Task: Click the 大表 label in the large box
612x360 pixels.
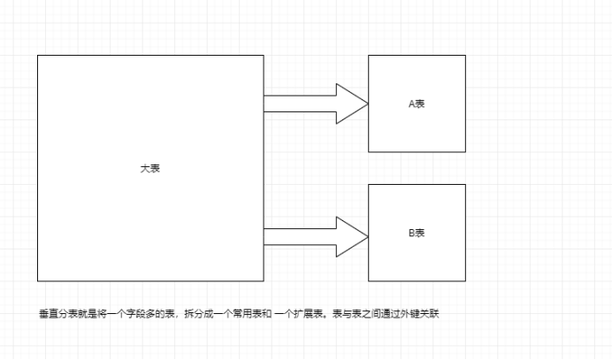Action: click(x=150, y=168)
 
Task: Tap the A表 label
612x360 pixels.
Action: click(x=417, y=103)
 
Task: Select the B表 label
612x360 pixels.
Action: click(x=417, y=233)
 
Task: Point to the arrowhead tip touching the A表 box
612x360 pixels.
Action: click(x=367, y=104)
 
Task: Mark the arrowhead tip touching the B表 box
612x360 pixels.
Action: click(x=367, y=236)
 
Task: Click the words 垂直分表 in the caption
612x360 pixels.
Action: click(x=56, y=313)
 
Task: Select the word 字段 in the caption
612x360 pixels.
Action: click(x=129, y=313)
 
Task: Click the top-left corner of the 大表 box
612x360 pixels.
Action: click(x=37, y=55)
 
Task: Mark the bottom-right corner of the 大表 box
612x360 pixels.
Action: click(x=264, y=281)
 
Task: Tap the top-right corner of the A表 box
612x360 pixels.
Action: click(x=465, y=55)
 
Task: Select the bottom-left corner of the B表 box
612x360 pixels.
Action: click(x=368, y=281)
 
